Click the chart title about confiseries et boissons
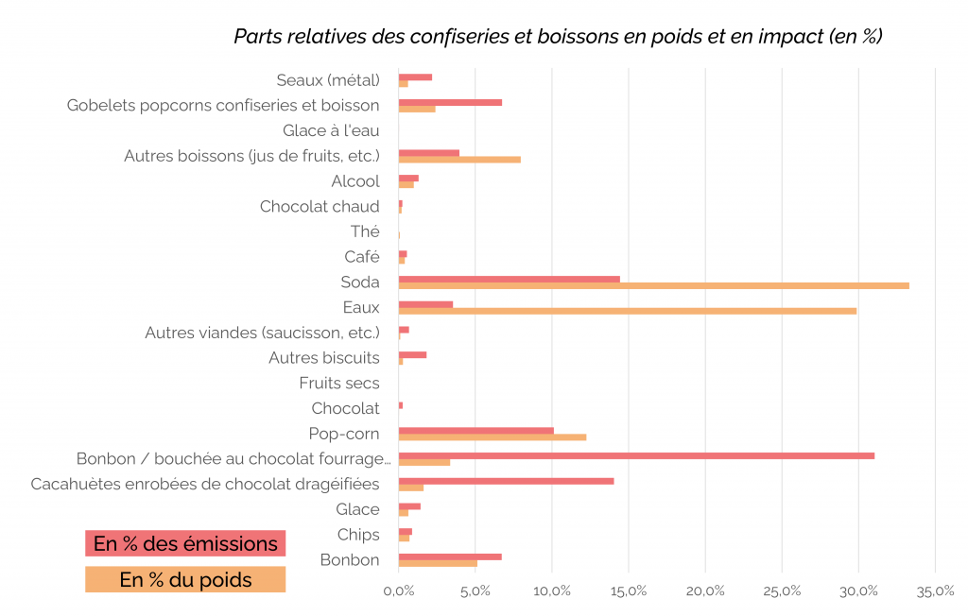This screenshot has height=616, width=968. pyautogui.click(x=558, y=37)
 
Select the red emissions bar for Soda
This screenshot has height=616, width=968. pyautogui.click(x=509, y=279)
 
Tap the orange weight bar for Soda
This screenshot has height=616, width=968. pyautogui.click(x=653, y=285)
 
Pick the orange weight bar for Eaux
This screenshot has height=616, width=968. pyautogui.click(x=627, y=311)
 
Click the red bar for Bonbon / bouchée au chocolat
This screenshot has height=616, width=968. pyautogui.click(x=636, y=455)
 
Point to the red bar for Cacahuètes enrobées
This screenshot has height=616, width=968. pyautogui.click(x=506, y=481)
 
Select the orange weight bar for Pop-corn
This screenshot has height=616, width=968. pyautogui.click(x=492, y=436)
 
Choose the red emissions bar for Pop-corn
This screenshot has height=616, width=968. pyautogui.click(x=475, y=430)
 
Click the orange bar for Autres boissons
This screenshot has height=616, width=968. pyautogui.click(x=459, y=159)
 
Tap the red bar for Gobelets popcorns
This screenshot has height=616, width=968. pyautogui.click(x=450, y=102)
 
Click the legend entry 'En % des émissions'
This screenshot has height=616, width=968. pyautogui.click(x=185, y=543)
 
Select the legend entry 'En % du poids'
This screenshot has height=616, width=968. pyautogui.click(x=185, y=579)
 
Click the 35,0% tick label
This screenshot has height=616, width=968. pyautogui.click(x=935, y=591)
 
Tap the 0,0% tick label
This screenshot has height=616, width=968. pyautogui.click(x=399, y=591)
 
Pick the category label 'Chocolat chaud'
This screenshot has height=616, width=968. pyautogui.click(x=320, y=206)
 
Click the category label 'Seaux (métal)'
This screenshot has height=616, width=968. pyautogui.click(x=328, y=80)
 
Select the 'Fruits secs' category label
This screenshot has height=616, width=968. pyautogui.click(x=339, y=383)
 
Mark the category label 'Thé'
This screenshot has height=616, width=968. pyautogui.click(x=365, y=231)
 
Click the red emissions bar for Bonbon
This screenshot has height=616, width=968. pyautogui.click(x=450, y=556)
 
